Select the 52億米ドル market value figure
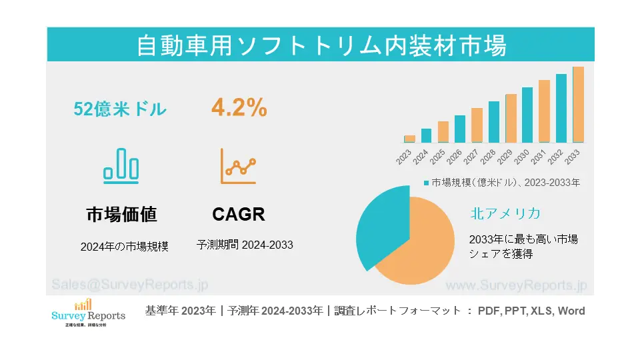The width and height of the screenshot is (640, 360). pos(120,109)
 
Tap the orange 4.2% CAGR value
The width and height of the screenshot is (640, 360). pos(239,107)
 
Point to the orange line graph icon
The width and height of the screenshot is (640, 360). pos(239,166)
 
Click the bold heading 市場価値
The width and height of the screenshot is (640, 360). pos(121,215)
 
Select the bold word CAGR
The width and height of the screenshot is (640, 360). pos(239,215)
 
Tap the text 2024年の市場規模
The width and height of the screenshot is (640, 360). pos(125,246)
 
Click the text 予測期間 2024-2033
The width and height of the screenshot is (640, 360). pos(245,245)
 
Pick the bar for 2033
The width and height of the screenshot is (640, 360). pos(578,105)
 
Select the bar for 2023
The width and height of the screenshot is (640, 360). pos(409,139)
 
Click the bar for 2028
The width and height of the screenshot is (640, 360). pos(494,122)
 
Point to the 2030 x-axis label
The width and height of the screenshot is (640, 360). pos(521,157)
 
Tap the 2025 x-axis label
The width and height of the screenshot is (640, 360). pos(437,157)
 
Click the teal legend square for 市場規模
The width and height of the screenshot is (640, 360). pos(426,182)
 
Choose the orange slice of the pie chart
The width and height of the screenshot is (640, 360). pos(420,247)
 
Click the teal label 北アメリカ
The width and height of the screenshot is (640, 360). pos(505,213)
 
